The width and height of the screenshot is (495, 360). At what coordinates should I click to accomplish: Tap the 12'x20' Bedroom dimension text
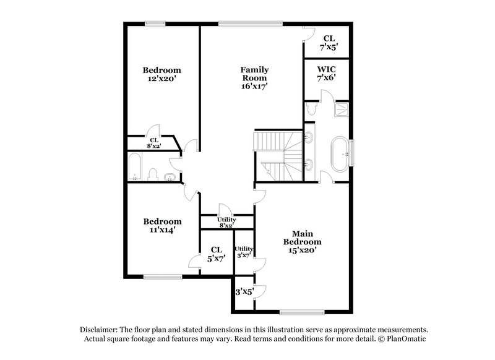coord(162,80)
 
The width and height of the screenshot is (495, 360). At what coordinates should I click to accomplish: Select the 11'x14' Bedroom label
coord(162,226)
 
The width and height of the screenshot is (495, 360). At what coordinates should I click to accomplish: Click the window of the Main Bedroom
coord(299,311)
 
